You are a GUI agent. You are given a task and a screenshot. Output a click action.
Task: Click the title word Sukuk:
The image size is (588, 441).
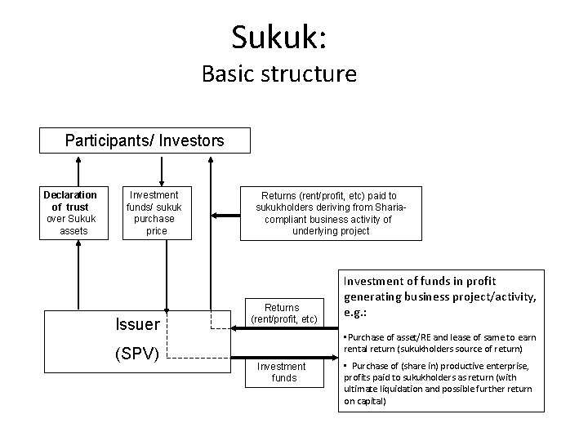[279, 37]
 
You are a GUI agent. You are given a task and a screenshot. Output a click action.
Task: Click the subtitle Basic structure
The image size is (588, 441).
[279, 74]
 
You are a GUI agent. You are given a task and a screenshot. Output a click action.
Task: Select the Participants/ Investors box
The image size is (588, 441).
[145, 140]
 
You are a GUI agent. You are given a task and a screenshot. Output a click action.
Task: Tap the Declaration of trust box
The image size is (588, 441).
[70, 212]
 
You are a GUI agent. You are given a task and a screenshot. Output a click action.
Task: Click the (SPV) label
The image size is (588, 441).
[136, 354]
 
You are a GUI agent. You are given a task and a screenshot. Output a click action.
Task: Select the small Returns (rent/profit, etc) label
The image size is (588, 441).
[284, 312]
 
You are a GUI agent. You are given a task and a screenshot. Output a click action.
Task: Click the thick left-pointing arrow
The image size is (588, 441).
[225, 216]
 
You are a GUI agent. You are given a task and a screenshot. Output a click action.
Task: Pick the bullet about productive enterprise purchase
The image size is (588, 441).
[439, 383]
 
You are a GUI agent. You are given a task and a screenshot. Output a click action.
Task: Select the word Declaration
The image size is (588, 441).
[71, 194]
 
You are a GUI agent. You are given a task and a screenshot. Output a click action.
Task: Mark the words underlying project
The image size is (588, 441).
[329, 231]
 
